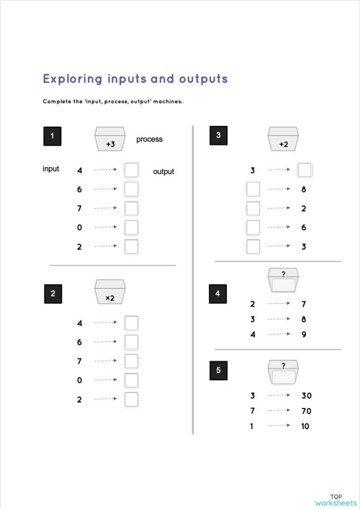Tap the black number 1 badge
point(53,136)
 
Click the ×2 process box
point(110,294)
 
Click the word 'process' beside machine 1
point(149,139)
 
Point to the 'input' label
point(50,169)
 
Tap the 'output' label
point(163,171)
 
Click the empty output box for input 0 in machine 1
point(131,228)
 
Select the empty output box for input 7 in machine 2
point(131,361)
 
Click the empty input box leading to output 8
point(253,189)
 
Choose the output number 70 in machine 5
point(305,410)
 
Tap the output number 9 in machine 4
point(305,334)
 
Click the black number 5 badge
point(219,370)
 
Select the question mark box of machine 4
point(283,280)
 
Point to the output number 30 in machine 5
point(305,395)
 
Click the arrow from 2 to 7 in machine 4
point(278,304)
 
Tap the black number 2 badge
point(53,293)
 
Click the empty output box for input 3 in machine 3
point(305,170)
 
